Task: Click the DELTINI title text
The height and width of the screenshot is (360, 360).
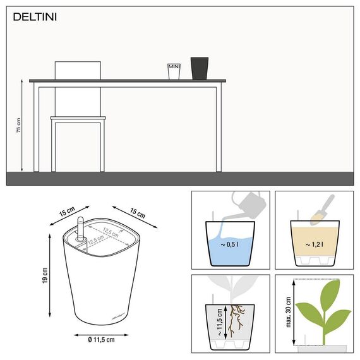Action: tap(35, 17)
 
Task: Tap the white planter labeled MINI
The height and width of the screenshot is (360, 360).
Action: tap(174, 71)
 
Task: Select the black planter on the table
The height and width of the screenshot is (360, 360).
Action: tap(200, 68)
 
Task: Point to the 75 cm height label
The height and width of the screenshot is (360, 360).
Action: tap(18, 126)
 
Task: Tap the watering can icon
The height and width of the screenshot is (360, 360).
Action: tap(250, 202)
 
